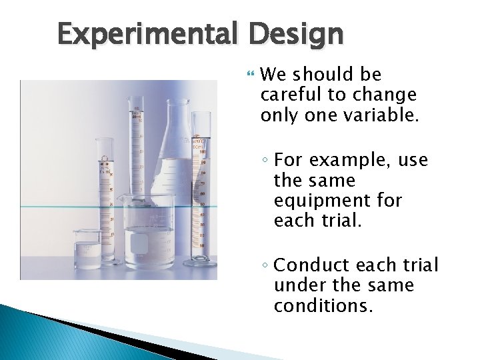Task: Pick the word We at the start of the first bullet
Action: pyautogui.click(x=274, y=75)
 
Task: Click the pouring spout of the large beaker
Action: pyautogui.click(x=121, y=198)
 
